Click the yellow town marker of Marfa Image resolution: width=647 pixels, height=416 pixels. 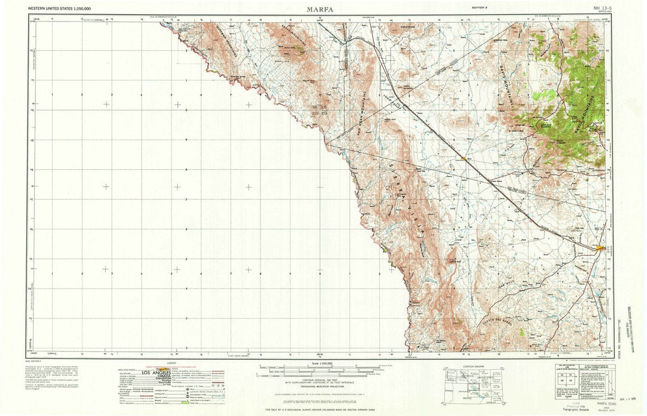tap(601, 248)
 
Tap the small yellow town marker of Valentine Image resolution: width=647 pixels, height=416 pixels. tap(465, 159)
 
